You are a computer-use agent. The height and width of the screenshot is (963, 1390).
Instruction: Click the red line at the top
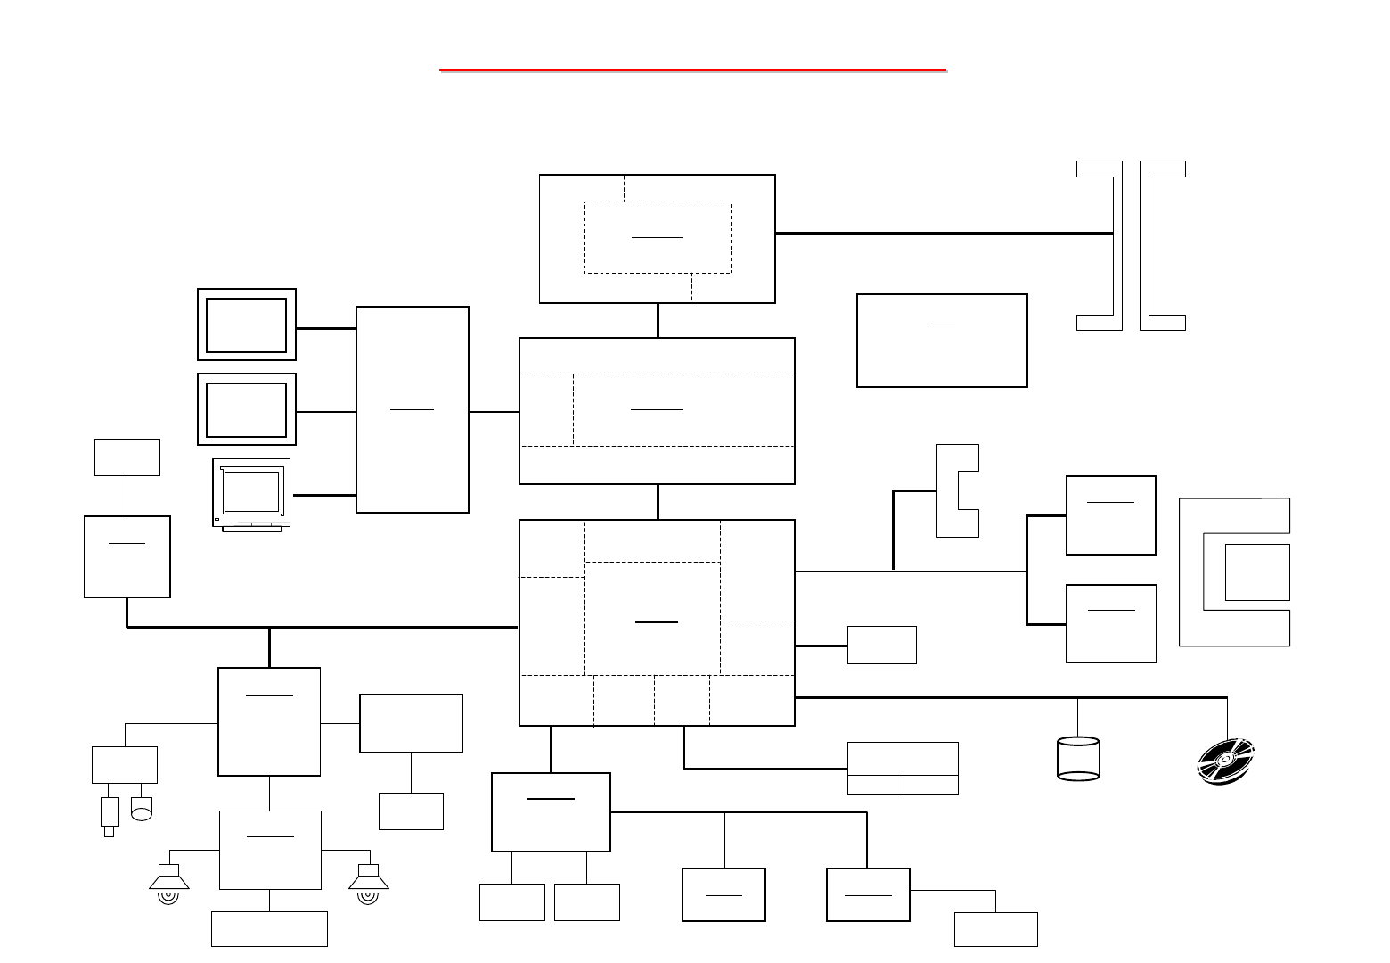point(692,69)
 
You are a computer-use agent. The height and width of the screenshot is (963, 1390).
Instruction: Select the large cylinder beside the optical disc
point(1078,759)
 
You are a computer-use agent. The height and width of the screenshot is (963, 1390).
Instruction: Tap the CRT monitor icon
point(251,494)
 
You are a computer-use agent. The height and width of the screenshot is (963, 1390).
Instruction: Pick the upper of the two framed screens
point(247,325)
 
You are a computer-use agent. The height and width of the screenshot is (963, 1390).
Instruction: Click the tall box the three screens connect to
point(413,409)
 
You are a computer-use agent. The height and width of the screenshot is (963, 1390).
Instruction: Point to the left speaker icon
point(168,882)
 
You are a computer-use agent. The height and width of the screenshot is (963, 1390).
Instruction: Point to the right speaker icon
point(368,882)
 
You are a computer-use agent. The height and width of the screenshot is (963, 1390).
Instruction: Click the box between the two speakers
point(270,850)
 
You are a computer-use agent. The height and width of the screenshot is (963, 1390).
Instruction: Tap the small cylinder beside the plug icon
point(142,809)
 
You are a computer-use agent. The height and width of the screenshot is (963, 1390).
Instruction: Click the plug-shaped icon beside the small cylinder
point(110,814)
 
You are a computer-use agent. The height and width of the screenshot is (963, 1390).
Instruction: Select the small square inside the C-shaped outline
point(1257,572)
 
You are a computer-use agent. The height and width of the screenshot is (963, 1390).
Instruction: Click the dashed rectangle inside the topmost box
point(658,237)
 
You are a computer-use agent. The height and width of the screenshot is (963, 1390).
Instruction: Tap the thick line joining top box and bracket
point(944,233)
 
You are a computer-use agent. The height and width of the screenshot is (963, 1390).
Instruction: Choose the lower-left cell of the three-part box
point(875,786)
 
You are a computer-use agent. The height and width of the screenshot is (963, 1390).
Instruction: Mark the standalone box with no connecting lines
point(942,341)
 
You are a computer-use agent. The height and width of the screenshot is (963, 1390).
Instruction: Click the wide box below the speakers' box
point(269,929)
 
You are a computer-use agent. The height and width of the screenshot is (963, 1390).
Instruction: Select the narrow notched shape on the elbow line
point(959,490)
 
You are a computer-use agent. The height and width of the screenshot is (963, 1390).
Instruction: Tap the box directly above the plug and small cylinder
point(125,765)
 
